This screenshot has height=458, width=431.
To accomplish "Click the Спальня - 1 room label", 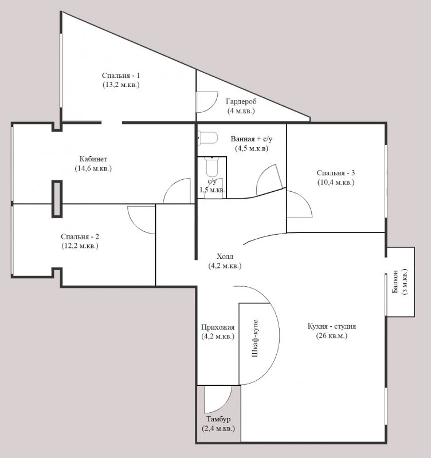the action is click(121, 76).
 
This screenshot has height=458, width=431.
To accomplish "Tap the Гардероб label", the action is click(241, 102).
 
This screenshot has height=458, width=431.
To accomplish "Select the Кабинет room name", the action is click(93, 159).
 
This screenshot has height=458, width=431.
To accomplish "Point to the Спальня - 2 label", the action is click(80, 236).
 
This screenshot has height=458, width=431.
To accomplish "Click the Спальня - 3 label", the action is click(336, 173).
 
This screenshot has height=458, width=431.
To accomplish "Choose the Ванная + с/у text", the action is click(252, 139).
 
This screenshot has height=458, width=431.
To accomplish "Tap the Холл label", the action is click(225, 256).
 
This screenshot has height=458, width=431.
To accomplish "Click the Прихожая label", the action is click(218, 327).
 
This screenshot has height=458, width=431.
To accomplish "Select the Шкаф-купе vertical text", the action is click(255, 338).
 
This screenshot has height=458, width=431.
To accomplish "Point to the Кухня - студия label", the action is click(332, 326).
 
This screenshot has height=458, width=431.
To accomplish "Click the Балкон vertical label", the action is click(395, 282).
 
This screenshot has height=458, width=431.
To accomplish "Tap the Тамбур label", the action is click(218, 419).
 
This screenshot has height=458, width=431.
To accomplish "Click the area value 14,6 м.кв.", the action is click(93, 168).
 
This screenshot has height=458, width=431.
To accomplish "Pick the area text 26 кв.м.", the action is click(332, 335).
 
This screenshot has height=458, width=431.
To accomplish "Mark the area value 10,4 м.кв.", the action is click(336, 183).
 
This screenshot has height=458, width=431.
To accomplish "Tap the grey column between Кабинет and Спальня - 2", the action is click(57, 199).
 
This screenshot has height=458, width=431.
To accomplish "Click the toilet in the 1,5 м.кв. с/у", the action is click(211, 167).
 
